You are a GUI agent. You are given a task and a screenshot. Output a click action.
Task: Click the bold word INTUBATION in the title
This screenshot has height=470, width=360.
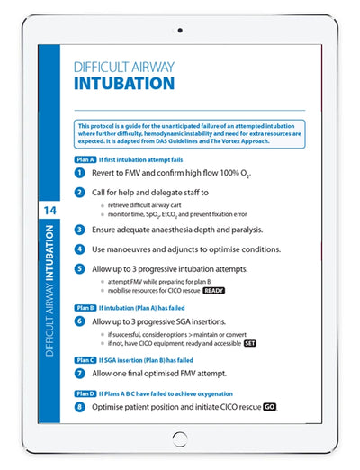124,84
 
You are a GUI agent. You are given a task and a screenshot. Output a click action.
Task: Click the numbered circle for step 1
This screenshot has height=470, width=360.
81,172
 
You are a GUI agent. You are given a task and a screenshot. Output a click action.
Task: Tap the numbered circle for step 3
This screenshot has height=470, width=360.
81,230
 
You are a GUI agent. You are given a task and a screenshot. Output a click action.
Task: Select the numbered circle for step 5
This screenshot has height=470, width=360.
81,268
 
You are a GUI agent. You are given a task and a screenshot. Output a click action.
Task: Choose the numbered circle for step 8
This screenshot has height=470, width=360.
81,407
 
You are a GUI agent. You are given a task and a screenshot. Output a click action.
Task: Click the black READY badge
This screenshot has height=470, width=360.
213,292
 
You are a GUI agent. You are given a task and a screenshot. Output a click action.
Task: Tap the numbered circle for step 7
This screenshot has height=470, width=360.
81,373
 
